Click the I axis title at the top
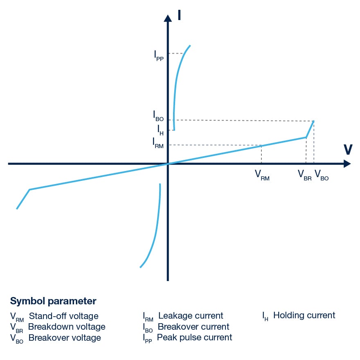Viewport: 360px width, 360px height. coord(180,15)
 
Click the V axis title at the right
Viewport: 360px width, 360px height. coord(348,150)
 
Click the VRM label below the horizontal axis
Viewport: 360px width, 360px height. coord(262,175)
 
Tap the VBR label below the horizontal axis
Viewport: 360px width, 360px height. coord(305,175)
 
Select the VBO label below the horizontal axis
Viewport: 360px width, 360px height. coord(322,175)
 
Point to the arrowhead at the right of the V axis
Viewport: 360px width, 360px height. coord(347,164)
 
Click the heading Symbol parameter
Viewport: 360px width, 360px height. coord(53,301)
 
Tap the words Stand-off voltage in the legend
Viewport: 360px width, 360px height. coord(63,316)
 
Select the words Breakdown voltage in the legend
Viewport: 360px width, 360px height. coord(67,327)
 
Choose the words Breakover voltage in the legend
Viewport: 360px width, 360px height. coord(65,338)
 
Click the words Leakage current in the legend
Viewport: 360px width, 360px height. coord(191,316)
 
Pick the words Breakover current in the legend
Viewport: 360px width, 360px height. coord(193,327)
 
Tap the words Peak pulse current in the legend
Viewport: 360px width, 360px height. coord(194,337)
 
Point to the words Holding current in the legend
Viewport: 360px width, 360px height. coord(304,315)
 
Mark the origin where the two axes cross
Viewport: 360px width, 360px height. coord(168,164)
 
